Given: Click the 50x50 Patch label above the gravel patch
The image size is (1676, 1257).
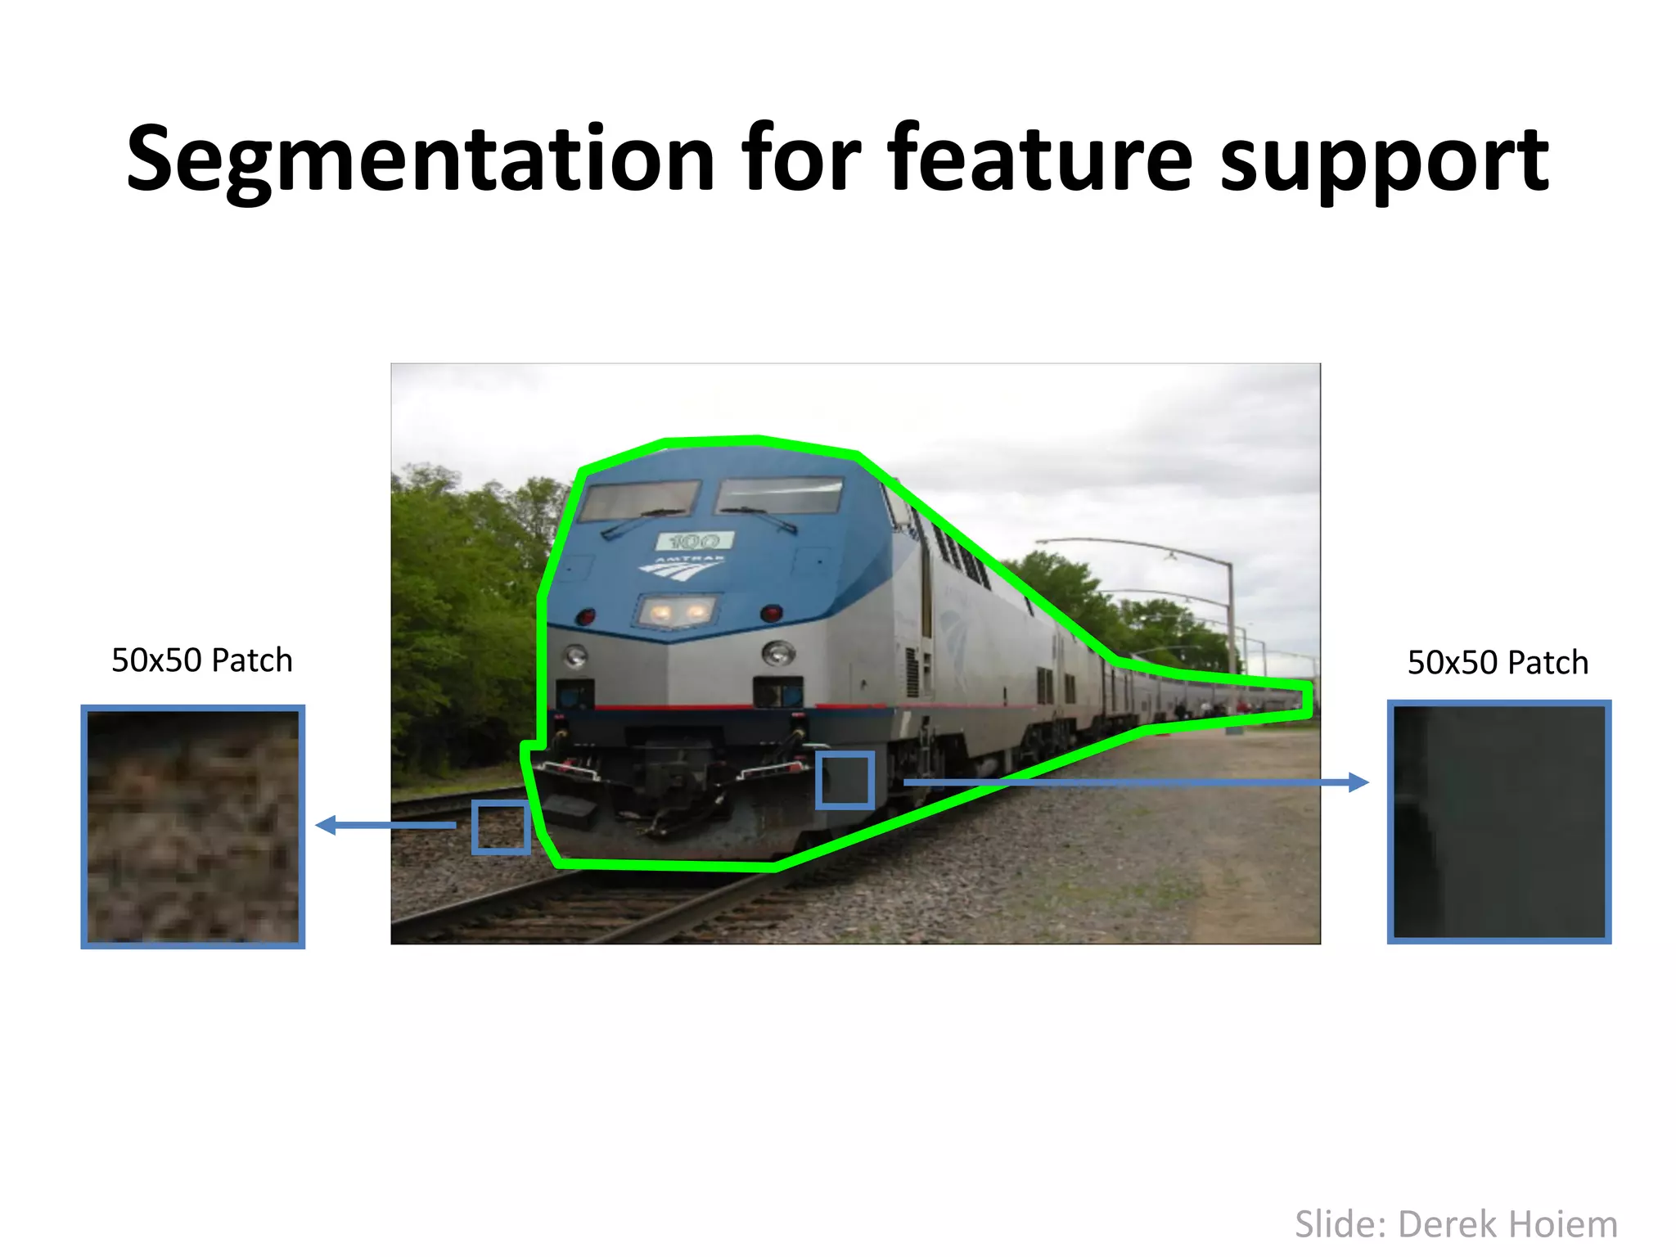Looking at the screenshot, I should click(201, 660).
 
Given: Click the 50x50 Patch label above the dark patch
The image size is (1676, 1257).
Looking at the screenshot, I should click(1498, 663).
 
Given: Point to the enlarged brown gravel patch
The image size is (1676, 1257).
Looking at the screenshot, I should click(193, 827).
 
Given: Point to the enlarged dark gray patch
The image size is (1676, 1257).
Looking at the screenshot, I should click(1499, 822).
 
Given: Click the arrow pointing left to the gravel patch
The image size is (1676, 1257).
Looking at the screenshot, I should click(385, 825).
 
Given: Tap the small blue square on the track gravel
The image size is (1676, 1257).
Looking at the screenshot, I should click(500, 828).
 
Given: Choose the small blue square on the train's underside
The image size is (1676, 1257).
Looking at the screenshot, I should click(845, 781).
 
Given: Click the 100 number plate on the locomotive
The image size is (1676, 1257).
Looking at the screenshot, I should click(694, 541).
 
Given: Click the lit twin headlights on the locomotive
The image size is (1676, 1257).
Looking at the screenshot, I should click(677, 611).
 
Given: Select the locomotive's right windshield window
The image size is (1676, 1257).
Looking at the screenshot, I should click(779, 495).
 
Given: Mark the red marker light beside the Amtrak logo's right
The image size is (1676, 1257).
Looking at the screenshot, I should click(771, 613).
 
